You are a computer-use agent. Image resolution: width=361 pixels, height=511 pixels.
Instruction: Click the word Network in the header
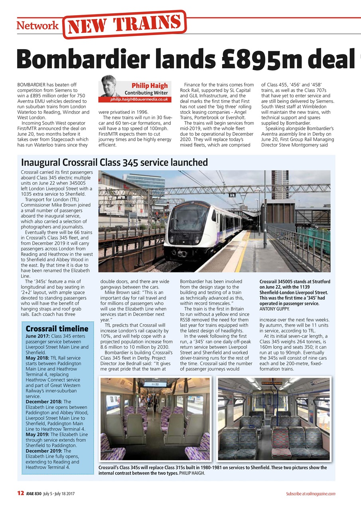pyautogui.click(x=37, y=26)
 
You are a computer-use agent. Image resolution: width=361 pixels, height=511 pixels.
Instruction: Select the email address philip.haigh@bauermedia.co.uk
pyautogui.click(x=139, y=99)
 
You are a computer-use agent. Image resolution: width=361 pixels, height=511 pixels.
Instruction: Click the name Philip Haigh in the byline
pyautogui.click(x=150, y=85)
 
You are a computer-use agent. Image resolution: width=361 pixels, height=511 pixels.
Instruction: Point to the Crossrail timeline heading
pyautogui.click(x=57, y=329)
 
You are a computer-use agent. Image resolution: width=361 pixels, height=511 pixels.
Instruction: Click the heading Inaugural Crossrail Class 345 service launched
pyautogui.click(x=114, y=162)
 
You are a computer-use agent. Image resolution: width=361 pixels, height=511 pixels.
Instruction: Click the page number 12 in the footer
pyautogui.click(x=20, y=494)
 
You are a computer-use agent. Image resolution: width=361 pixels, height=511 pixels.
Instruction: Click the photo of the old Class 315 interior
pyautogui.click(x=274, y=419)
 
